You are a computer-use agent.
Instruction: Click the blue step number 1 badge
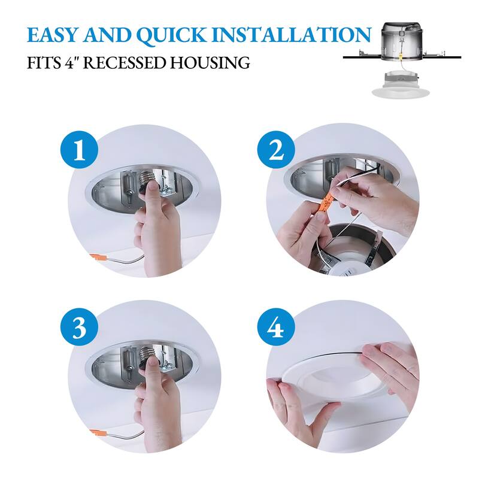(80, 150)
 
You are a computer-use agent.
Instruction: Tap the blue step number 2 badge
(276, 150)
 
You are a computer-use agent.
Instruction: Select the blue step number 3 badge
(80, 328)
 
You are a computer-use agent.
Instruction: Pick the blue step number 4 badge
(276, 327)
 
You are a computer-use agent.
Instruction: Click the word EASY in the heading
(53, 35)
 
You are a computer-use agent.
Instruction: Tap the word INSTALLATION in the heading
(292, 35)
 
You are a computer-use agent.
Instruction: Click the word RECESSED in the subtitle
(125, 63)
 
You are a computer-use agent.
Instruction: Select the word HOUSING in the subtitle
(210, 63)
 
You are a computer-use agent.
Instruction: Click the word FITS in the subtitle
(44, 63)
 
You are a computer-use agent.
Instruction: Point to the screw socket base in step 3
(147, 355)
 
